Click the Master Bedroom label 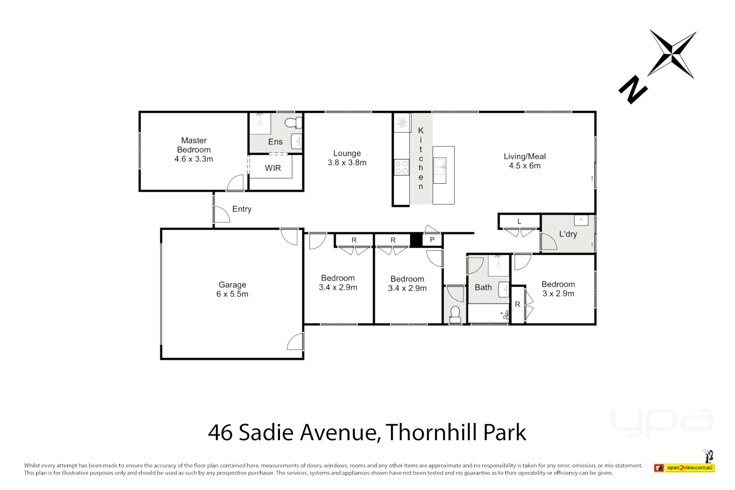click(x=194, y=145)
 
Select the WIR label click(x=273, y=168)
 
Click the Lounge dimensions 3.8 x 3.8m click(x=347, y=162)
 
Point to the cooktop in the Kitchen click(x=402, y=167)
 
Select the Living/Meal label click(x=524, y=156)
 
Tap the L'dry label click(x=568, y=234)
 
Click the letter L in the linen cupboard click(x=519, y=221)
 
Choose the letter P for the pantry click(x=432, y=240)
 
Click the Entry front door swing click(x=221, y=215)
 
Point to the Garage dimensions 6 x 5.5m click(x=232, y=294)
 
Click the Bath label click(x=483, y=287)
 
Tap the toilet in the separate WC click(x=455, y=314)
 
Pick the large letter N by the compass click(x=633, y=90)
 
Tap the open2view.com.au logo click(x=690, y=467)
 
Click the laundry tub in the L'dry click(x=581, y=220)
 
